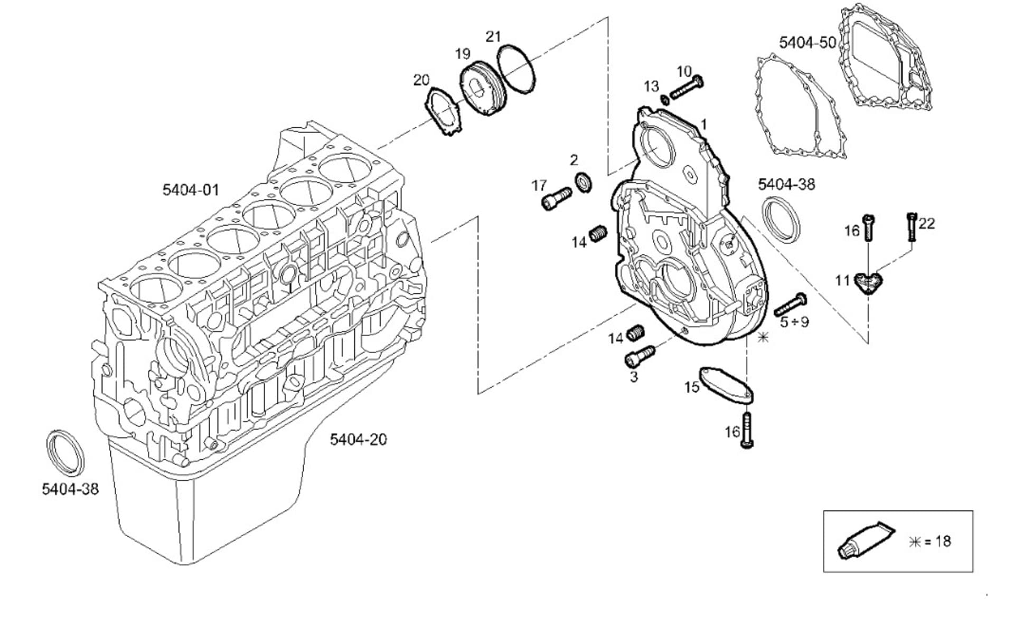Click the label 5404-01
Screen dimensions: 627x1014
pos(190,190)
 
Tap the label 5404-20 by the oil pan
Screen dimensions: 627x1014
pos(358,439)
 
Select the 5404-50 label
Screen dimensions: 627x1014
pos(808,43)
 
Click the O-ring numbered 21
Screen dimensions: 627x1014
pos(518,70)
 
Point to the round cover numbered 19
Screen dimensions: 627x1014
pos(482,90)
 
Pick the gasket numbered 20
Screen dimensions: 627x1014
pos(444,113)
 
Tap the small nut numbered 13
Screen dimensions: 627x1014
pos(664,99)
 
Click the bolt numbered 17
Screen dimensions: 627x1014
pos(556,198)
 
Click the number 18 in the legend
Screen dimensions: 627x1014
pos(943,541)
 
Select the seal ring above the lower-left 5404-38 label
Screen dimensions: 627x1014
pos(65,453)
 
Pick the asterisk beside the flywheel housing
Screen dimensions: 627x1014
pos(763,337)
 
